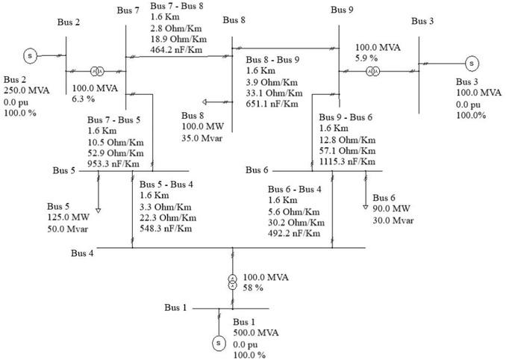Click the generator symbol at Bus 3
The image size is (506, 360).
pos(471,63)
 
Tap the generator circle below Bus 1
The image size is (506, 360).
pos(219,342)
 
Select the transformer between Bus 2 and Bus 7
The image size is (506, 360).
pos(96,72)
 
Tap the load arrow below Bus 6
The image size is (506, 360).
pos(366,205)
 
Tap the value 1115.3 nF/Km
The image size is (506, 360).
pos(347,161)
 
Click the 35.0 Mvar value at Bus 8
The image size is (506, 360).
pos(202,137)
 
